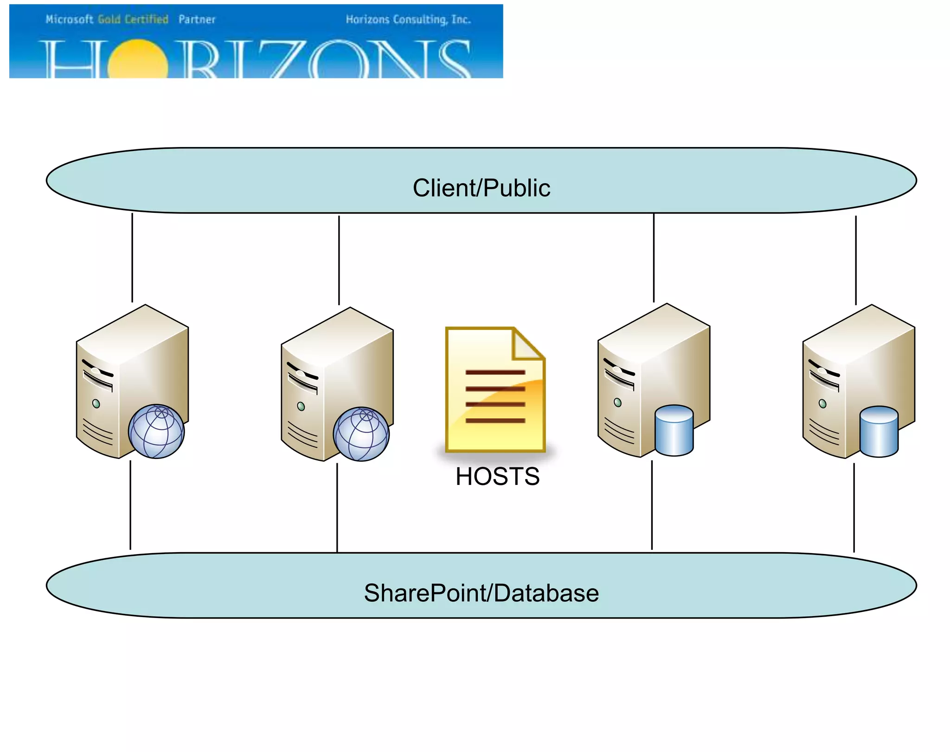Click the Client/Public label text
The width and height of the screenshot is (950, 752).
(481, 188)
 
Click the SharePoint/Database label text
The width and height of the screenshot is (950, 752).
(481, 593)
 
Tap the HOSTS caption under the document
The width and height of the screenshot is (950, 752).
(497, 476)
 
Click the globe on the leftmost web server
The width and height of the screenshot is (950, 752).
(156, 431)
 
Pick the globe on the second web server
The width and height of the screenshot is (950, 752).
(361, 434)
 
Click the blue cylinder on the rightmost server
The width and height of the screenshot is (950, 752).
(879, 432)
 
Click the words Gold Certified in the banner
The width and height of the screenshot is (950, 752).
(133, 19)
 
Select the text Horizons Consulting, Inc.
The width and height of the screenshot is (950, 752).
(408, 19)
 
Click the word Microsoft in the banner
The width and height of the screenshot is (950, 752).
(69, 19)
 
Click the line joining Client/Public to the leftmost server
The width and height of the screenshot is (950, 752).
(132, 257)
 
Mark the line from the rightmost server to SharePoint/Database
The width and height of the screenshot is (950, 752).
(854, 508)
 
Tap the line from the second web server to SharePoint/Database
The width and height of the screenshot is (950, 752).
(337, 508)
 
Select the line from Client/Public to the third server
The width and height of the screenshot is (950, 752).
(654, 257)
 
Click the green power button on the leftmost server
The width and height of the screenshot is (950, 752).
(96, 404)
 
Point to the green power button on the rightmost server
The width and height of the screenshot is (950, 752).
(822, 404)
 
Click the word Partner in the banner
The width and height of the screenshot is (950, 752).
(197, 19)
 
